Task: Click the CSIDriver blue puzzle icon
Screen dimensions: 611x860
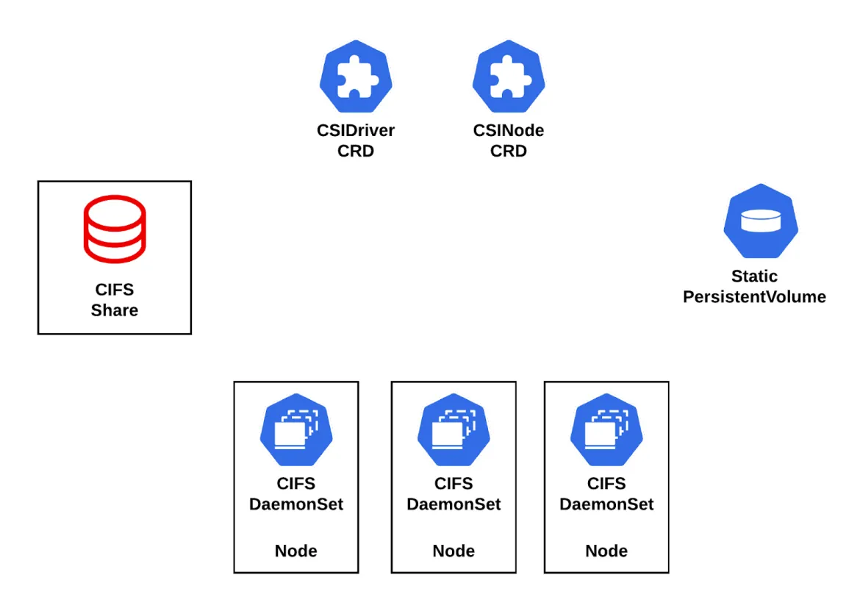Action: pos(356,76)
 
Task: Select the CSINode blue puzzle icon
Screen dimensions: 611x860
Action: pos(509,76)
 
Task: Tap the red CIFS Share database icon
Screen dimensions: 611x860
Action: pos(114,229)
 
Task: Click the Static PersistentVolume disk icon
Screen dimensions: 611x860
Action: pos(760,221)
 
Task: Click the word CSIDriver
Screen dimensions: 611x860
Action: pos(356,131)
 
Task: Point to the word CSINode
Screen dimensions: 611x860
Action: pos(509,131)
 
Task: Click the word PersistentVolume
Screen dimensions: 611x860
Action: pos(754,297)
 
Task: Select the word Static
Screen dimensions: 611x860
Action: pos(754,276)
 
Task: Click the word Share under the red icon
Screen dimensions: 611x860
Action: pos(114,310)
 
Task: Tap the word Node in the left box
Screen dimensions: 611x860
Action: pos(296,551)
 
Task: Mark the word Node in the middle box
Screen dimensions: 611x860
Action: pos(454,551)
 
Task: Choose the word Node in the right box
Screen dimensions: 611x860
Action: pos(606,551)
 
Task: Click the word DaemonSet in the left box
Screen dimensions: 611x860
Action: pos(296,504)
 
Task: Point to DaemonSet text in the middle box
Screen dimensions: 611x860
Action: pos(454,504)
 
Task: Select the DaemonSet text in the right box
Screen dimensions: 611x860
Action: pos(606,504)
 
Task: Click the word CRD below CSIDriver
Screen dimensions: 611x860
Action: pos(356,151)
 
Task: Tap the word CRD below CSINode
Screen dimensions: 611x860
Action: pos(509,151)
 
